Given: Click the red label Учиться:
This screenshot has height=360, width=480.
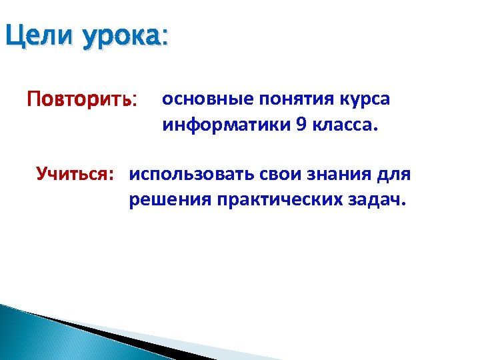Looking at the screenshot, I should tap(75, 175).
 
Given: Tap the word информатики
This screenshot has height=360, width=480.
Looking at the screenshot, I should tap(221, 126).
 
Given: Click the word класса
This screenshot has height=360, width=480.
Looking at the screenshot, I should tap(340, 126).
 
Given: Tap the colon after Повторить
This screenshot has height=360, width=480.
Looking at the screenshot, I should tap(135, 102).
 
